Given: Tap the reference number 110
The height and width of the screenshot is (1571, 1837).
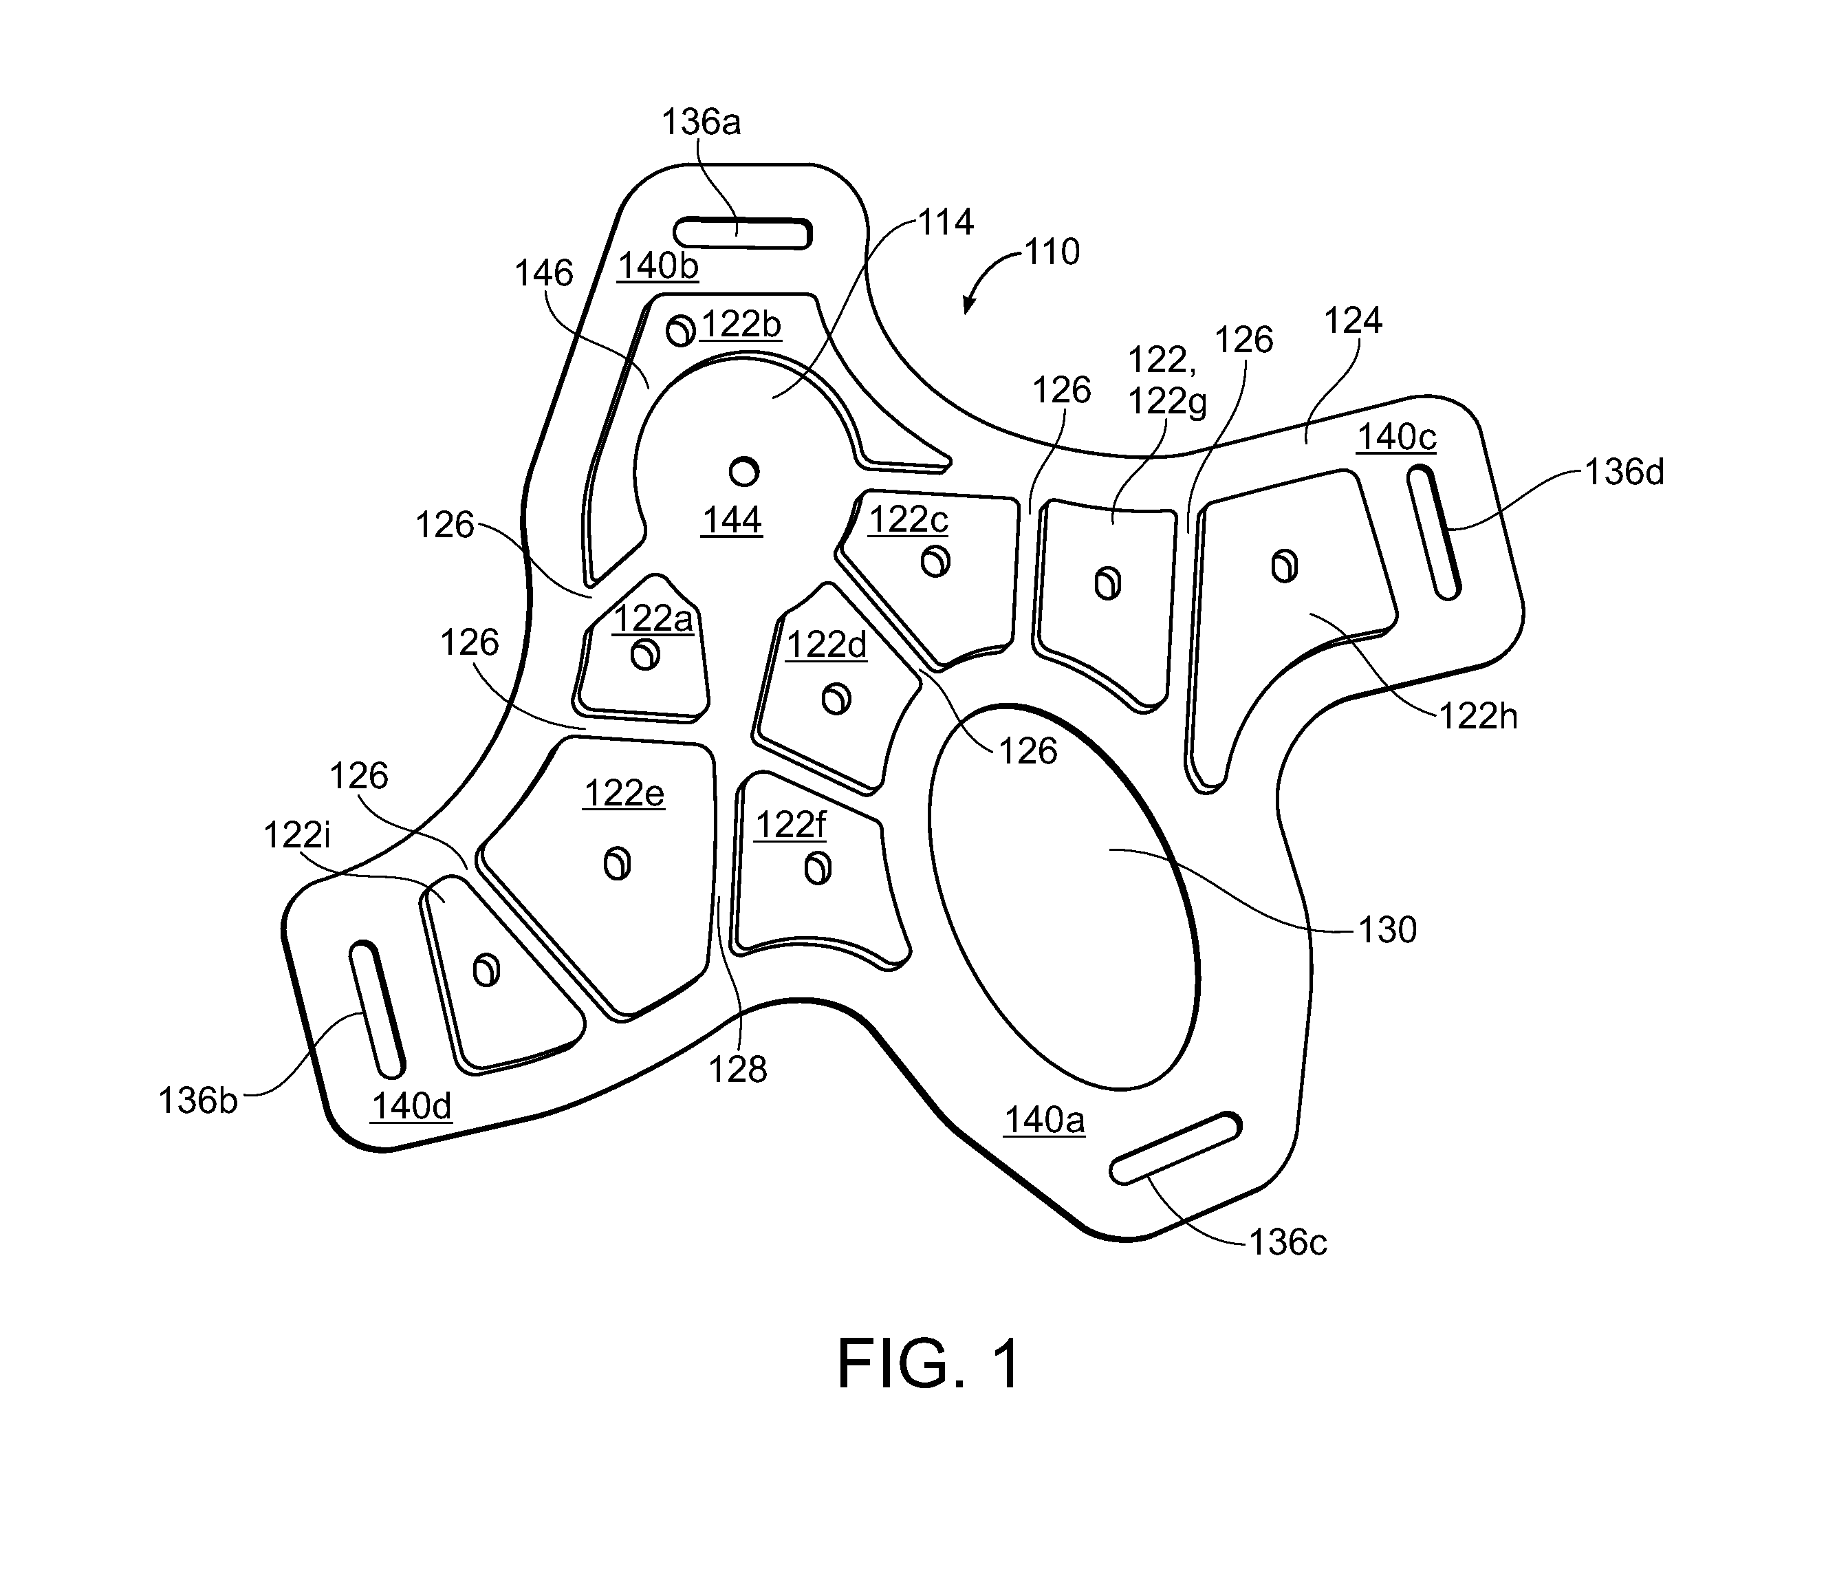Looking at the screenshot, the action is coord(1052,252).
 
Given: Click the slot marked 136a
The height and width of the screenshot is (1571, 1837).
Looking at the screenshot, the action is coord(743,233).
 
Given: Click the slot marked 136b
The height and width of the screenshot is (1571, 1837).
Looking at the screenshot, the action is coord(378,1010).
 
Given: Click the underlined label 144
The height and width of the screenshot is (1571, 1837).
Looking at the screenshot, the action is coord(732,521).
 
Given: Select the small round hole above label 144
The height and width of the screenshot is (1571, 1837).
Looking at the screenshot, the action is coord(744,470).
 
